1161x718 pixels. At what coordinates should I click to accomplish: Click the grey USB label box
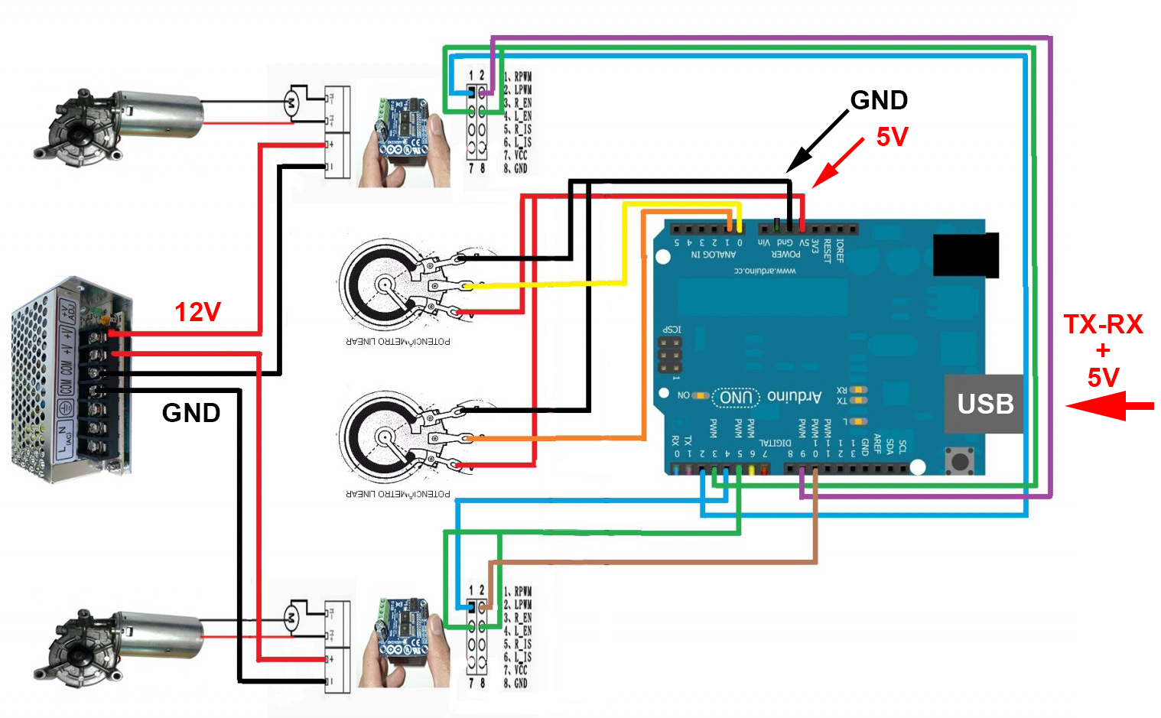(984, 404)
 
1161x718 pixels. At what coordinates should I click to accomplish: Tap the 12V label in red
(197, 312)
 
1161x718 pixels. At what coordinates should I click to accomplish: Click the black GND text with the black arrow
(879, 100)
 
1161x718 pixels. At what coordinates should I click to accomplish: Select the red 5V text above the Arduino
(892, 137)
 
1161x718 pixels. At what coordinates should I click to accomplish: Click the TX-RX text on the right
(1103, 324)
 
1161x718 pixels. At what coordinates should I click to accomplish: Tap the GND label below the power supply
(191, 413)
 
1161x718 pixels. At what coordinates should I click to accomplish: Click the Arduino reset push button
(958, 461)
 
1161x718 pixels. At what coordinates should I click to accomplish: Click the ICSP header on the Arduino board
(670, 356)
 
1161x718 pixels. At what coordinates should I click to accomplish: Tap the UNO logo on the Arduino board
(736, 397)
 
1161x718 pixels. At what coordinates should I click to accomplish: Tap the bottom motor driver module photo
(403, 642)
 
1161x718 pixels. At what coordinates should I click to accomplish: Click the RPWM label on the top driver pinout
(522, 76)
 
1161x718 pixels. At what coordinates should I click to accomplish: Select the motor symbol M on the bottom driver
(291, 617)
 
